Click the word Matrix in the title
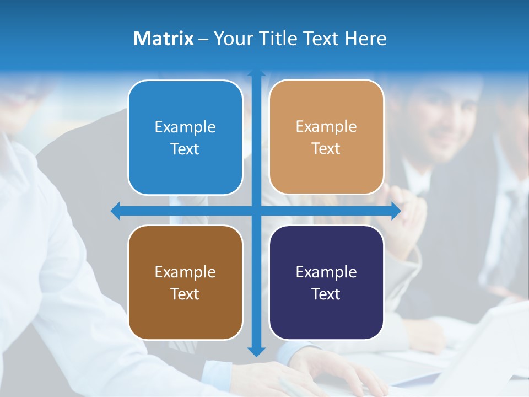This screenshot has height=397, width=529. (163, 39)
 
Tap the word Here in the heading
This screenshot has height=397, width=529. (365, 39)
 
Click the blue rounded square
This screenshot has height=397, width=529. (185, 137)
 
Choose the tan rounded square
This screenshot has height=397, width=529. (326, 137)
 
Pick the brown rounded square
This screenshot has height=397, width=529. (185, 282)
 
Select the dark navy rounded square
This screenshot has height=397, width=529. (326, 282)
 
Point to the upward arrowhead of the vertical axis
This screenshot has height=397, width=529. (256, 73)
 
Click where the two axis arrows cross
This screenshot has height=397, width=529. (256, 211)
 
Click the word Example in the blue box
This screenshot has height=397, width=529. (185, 127)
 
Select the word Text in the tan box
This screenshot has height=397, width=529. (326, 149)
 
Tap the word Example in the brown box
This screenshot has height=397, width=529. (185, 272)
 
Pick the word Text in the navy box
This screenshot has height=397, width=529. (326, 294)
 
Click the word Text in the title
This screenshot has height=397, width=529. (321, 39)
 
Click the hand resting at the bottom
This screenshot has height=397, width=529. (331, 372)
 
